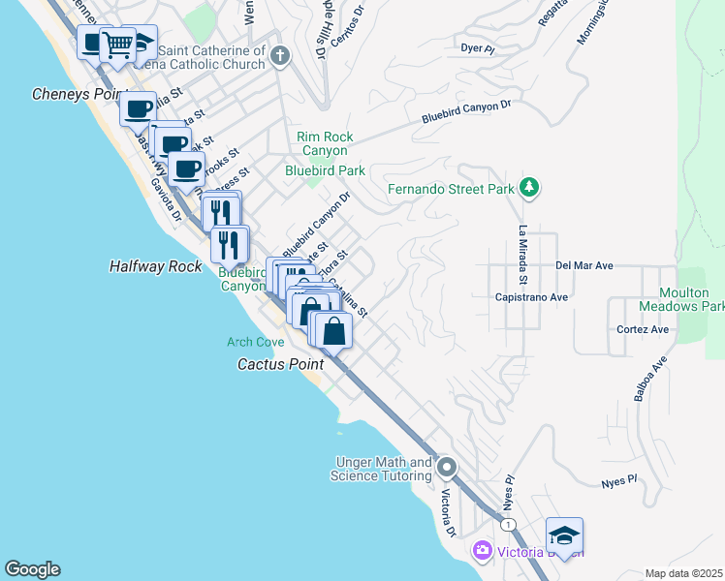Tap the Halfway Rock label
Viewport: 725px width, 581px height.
[x=155, y=266]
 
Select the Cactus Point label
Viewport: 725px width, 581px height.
[x=280, y=364]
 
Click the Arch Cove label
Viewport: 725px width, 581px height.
[x=256, y=342]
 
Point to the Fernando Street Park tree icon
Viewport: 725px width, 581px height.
[x=528, y=187]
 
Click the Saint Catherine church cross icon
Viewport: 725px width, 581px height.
[x=281, y=56]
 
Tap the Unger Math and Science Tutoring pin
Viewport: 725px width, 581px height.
[x=446, y=469]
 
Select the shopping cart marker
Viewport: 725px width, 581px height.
[x=118, y=44]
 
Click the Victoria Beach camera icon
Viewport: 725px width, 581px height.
[x=482, y=551]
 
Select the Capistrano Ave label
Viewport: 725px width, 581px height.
[x=531, y=297]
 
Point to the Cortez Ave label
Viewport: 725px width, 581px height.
[x=643, y=329]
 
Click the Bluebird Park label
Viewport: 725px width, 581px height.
[x=325, y=170]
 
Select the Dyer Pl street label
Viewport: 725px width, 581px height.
[x=478, y=46]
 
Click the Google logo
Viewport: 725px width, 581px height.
[x=32, y=569]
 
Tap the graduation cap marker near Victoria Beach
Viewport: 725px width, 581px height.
[x=564, y=535]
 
